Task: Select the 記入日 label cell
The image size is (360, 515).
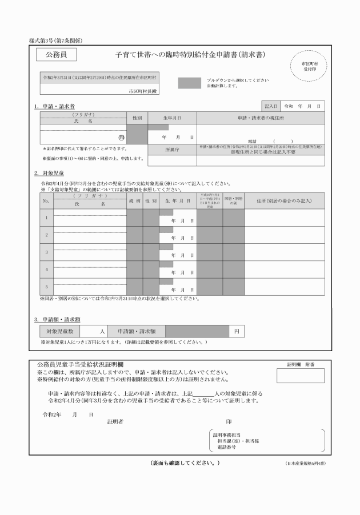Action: [270, 106]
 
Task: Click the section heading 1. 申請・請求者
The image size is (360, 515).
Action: [54, 106]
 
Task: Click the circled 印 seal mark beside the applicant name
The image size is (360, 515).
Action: [121, 137]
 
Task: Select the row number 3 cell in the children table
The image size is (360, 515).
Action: [46, 252]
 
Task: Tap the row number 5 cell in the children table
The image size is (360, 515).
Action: [46, 286]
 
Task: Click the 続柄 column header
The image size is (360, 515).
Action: [134, 201]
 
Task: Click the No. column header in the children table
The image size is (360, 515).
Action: [46, 201]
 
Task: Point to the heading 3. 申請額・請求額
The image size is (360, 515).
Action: [57, 319]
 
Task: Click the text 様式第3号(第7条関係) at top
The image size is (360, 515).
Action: [55, 40]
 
